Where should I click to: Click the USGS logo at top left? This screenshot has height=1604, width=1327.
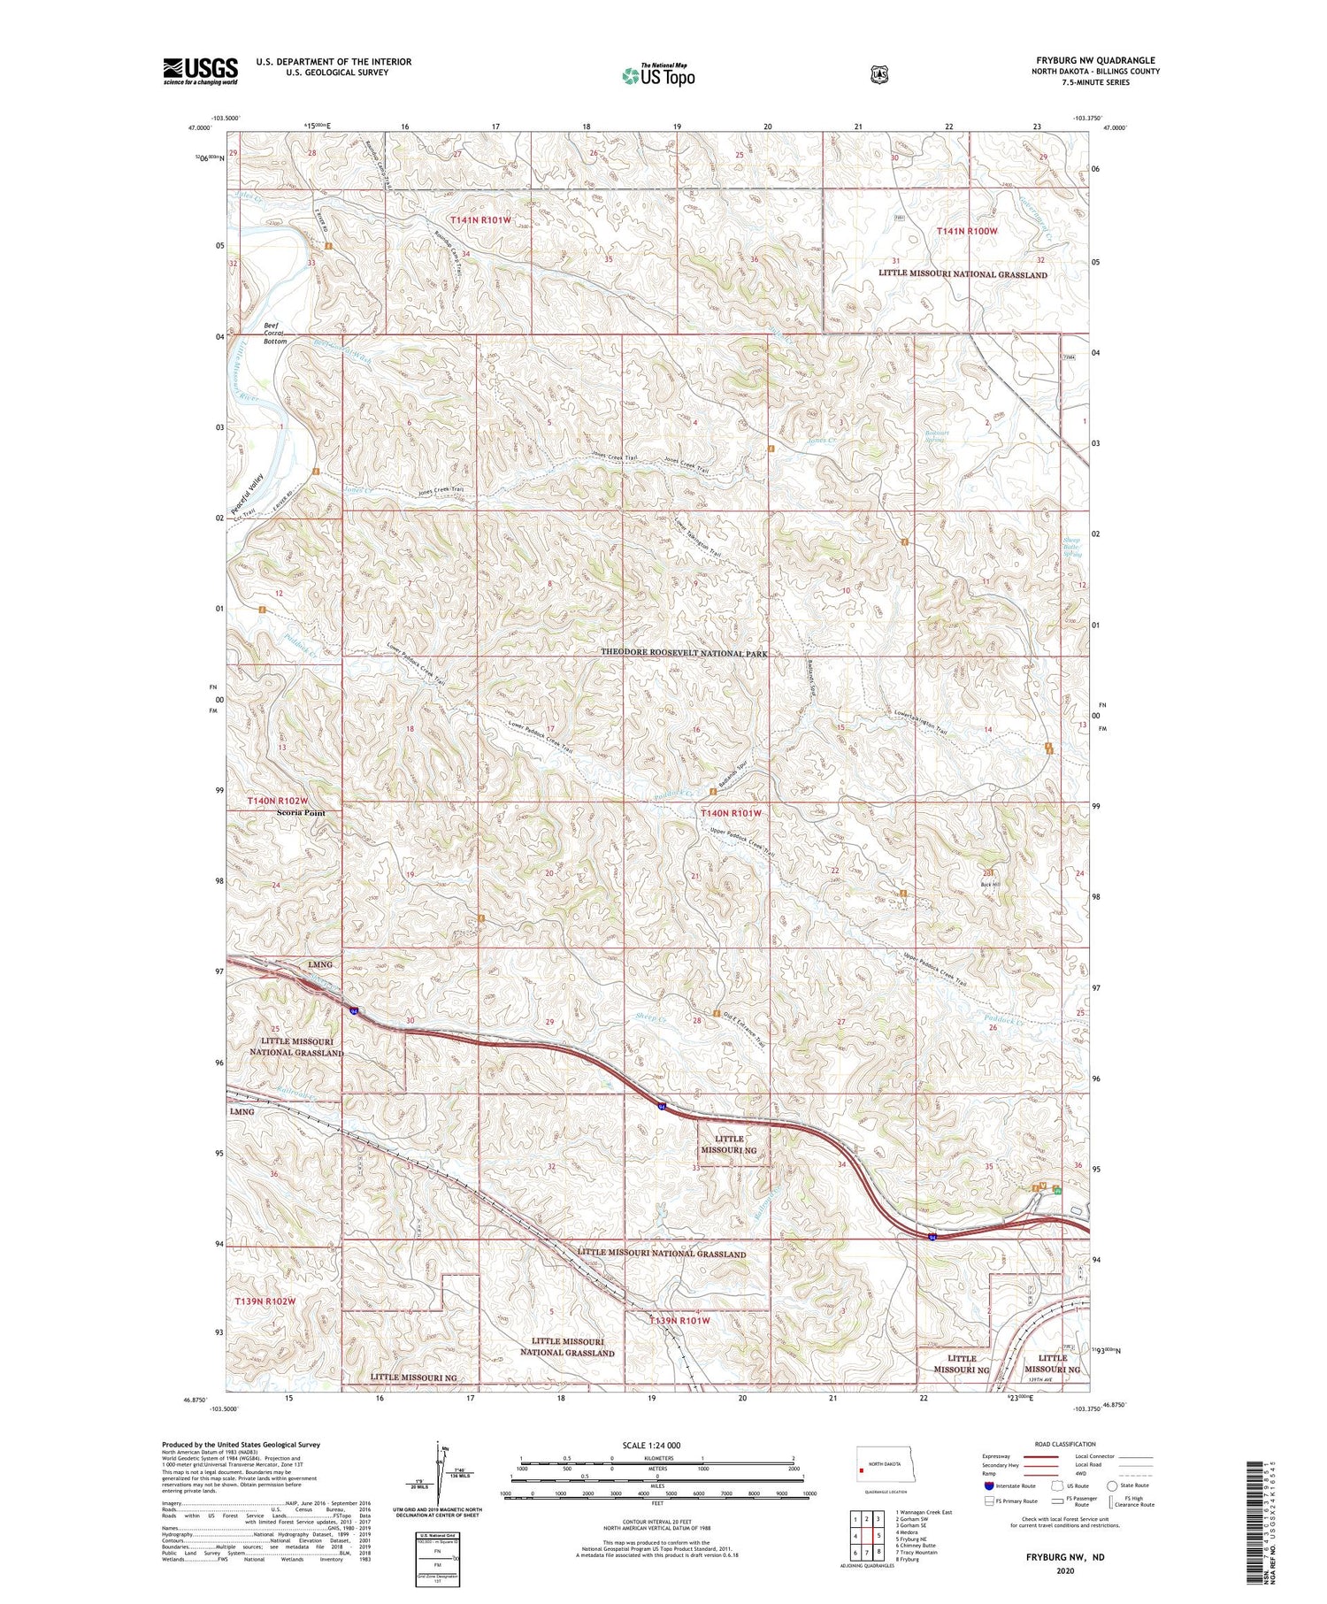tap(200, 71)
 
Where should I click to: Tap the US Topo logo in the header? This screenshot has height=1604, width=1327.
tap(658, 75)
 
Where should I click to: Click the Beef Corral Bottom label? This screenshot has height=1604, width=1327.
tap(275, 333)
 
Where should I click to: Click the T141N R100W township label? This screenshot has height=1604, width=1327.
tap(967, 231)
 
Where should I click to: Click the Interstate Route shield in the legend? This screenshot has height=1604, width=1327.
tap(988, 1486)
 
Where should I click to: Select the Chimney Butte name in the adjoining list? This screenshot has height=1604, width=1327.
tap(918, 1545)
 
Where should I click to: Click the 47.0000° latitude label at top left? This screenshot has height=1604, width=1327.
tap(200, 127)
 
